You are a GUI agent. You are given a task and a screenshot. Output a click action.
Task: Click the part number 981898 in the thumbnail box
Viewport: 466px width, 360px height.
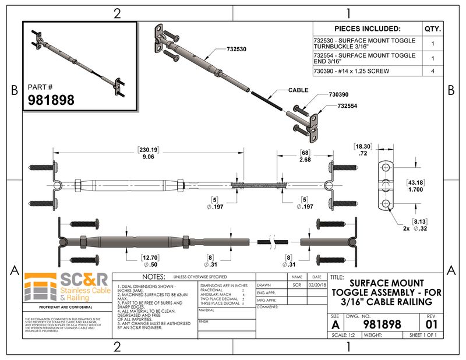pos(51,100)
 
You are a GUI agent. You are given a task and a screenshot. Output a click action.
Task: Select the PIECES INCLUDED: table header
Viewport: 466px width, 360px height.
pos(367,28)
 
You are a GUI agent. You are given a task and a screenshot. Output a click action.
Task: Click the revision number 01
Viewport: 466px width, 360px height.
pos(431,323)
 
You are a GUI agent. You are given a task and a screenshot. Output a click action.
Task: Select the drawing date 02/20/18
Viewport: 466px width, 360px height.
pos(317,285)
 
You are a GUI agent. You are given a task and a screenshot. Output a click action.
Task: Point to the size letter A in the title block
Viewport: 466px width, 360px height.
pos(334,324)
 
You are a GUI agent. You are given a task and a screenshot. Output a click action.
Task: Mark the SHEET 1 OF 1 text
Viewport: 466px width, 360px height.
pos(423,335)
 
